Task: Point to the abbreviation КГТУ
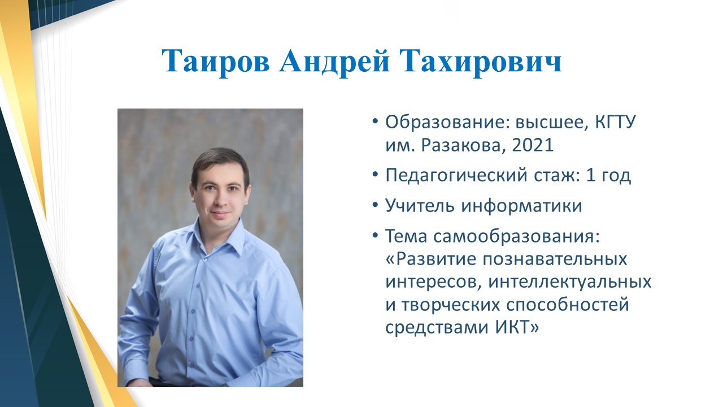[615, 123]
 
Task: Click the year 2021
[533, 145]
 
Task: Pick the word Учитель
[421, 206]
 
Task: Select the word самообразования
[516, 237]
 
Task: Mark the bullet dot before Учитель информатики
[374, 205]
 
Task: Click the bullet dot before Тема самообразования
[374, 236]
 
